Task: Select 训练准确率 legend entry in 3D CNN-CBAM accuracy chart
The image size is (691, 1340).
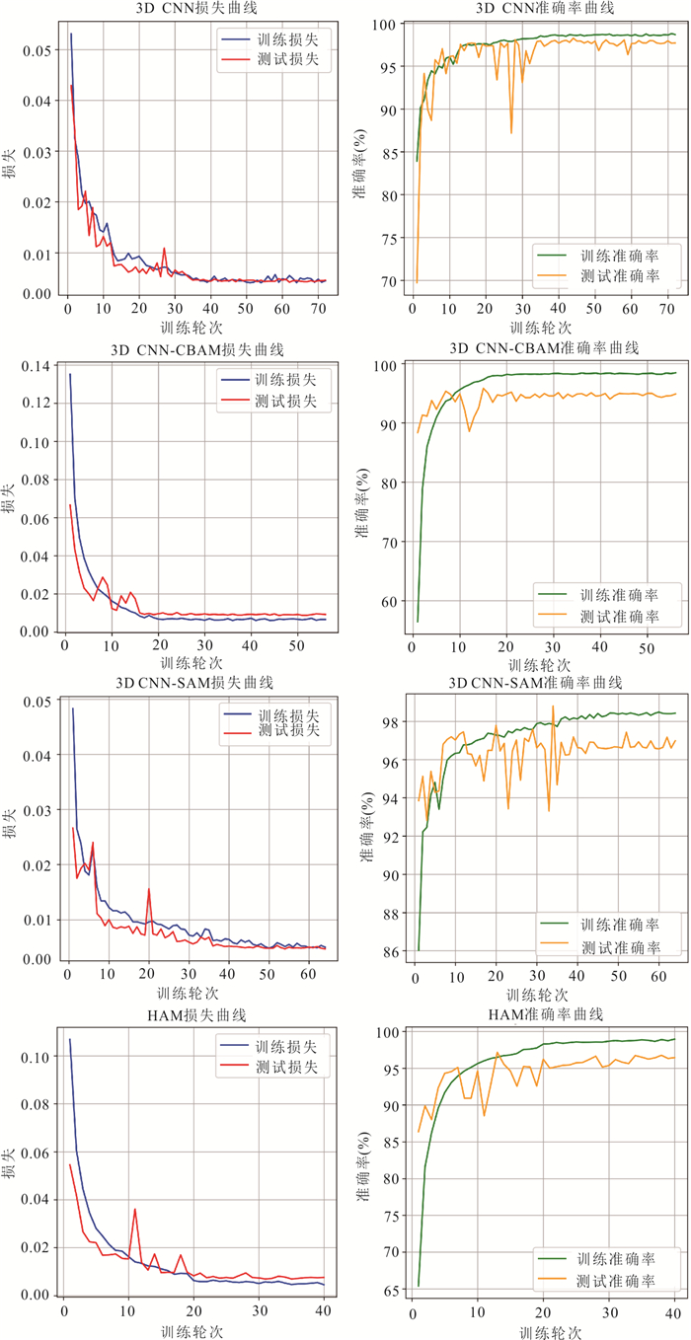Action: tap(618, 595)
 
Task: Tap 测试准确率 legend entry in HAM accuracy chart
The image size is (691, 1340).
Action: tap(618, 1281)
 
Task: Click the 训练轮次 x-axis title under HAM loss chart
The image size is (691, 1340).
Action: tap(192, 1331)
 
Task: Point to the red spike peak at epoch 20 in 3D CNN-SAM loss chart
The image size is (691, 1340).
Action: tap(149, 888)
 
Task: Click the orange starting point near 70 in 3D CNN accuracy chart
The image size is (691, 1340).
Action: tap(416, 282)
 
